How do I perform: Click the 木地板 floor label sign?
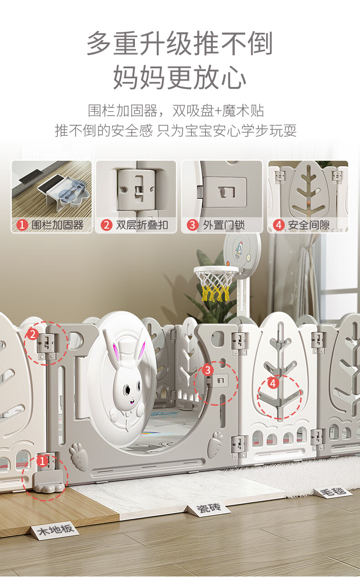coord(55,528)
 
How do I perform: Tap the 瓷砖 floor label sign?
coord(209,507)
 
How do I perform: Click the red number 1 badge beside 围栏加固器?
coord(22,225)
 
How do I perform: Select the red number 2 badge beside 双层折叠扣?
coord(107,225)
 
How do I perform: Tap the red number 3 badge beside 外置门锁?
coord(192,225)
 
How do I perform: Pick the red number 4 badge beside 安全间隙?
coord(278,225)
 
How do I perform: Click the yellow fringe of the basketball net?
coord(216,293)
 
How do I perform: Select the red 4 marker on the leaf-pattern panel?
coord(273,383)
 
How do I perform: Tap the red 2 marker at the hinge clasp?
coord(33,334)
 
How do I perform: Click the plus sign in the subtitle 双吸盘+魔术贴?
coord(218,111)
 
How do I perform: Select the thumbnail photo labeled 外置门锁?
coord(222,197)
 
